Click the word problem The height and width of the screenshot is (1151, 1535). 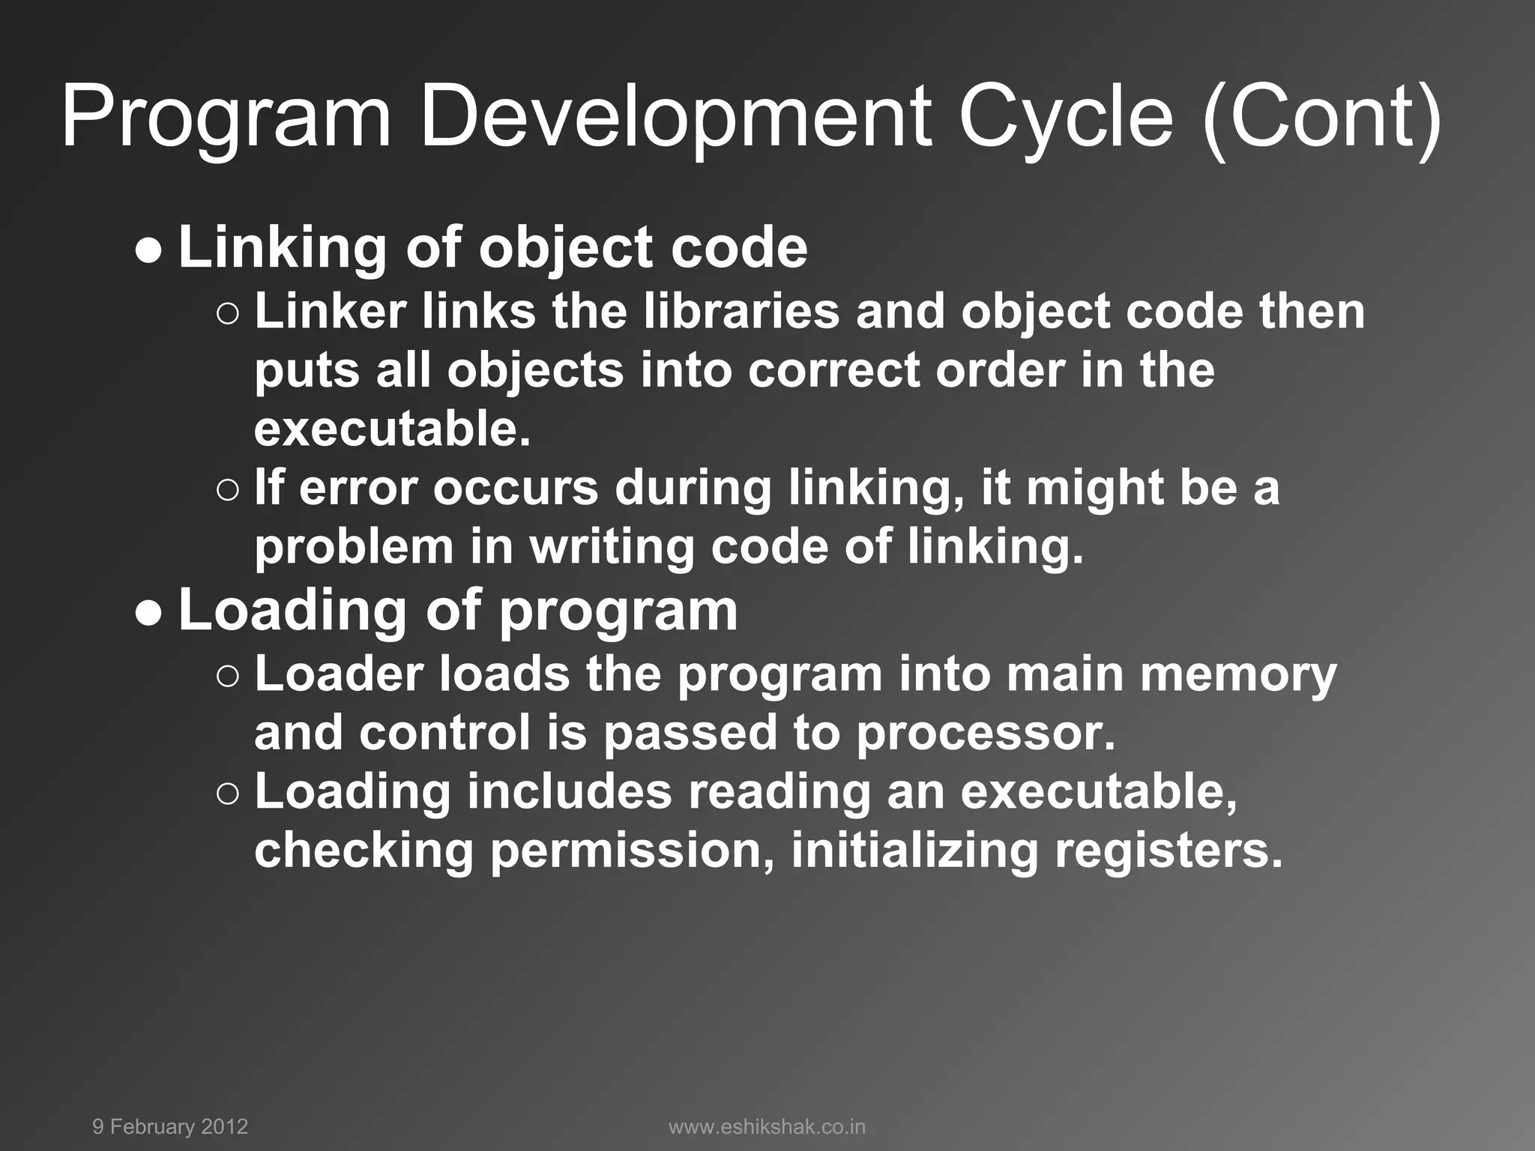tap(354, 549)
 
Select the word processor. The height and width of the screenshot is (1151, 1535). tap(986, 733)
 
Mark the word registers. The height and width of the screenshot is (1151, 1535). tap(1168, 851)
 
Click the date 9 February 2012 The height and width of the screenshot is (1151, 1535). tap(170, 1127)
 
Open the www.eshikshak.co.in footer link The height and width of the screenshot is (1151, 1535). tap(767, 1127)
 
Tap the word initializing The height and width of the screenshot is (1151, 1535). tap(914, 851)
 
